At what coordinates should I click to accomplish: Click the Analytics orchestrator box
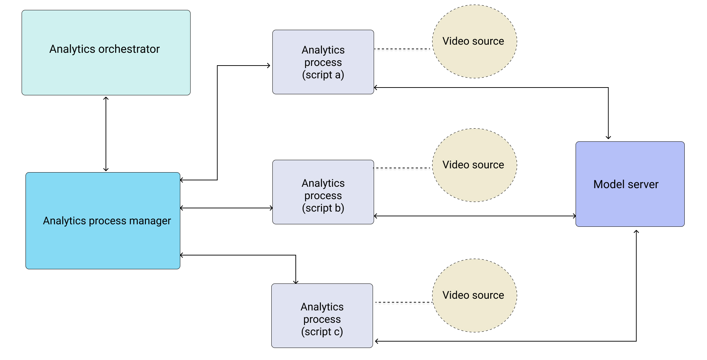click(x=106, y=71)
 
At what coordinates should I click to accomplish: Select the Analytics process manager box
click(x=103, y=241)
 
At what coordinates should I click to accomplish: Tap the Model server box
click(x=630, y=206)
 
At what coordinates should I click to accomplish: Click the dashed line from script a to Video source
click(x=403, y=49)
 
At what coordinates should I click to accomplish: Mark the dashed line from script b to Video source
click(x=403, y=168)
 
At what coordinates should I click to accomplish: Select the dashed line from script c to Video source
click(x=403, y=303)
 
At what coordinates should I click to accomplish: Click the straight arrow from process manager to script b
click(x=227, y=208)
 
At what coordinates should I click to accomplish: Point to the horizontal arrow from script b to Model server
click(x=475, y=216)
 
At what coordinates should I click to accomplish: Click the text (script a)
click(x=323, y=75)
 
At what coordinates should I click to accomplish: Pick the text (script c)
click(x=322, y=332)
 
